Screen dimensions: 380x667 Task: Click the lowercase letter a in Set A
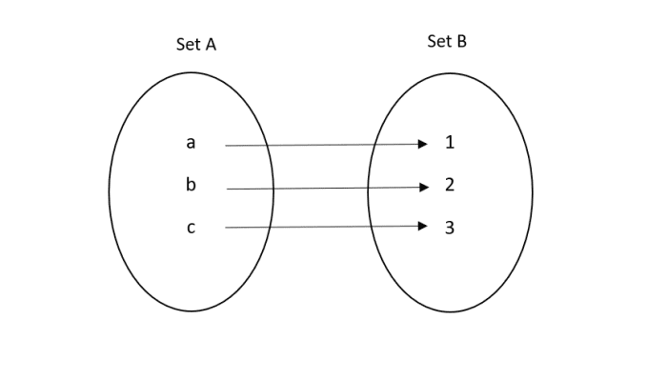point(191,144)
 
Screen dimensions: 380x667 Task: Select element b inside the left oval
point(191,185)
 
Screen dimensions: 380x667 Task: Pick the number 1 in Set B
point(450,144)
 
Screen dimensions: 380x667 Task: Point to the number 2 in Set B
point(450,185)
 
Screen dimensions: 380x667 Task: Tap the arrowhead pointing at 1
point(424,145)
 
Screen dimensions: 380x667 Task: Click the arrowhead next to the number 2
point(424,188)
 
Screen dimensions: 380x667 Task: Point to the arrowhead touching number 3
point(424,227)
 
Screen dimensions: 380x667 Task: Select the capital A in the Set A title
point(209,44)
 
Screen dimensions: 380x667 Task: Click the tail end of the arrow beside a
point(227,146)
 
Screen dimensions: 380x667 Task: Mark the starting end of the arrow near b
point(228,189)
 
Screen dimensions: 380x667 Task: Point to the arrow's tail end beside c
point(227,228)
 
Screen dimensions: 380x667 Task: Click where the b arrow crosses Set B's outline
point(369,188)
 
